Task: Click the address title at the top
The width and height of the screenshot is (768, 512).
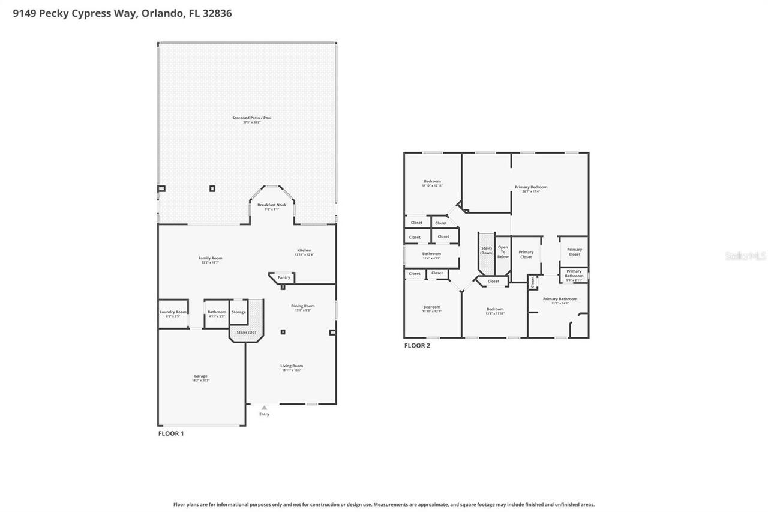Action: point(122,13)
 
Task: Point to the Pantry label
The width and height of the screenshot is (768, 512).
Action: point(284,277)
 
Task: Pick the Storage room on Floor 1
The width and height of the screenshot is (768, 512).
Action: point(239,312)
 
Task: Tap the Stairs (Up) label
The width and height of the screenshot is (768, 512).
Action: point(246,332)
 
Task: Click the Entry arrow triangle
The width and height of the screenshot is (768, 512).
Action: point(264,408)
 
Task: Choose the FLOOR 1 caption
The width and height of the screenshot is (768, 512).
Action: point(171,433)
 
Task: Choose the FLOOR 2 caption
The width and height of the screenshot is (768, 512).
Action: point(417,346)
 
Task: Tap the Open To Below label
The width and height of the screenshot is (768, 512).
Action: point(503,252)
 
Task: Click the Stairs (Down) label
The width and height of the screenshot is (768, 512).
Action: point(486,250)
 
